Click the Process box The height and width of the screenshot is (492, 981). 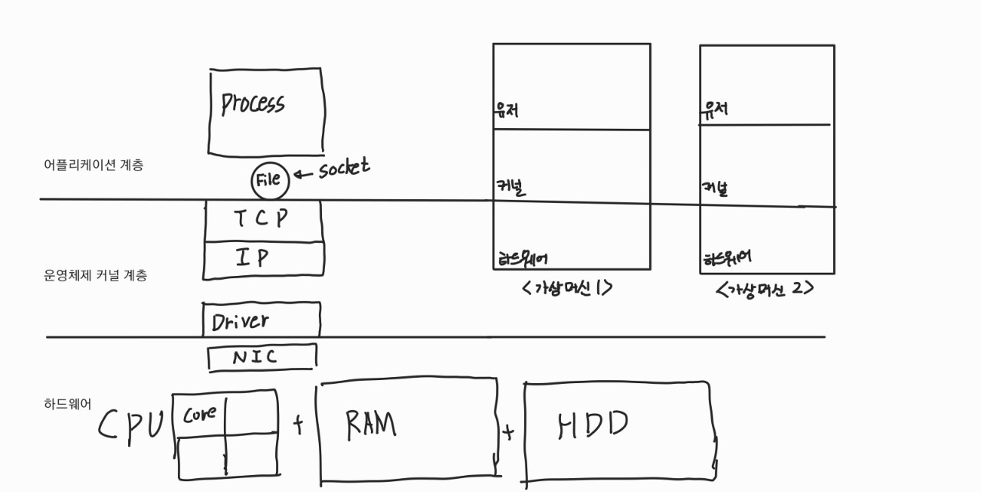[x=265, y=111]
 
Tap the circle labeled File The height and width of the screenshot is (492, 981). [x=271, y=182]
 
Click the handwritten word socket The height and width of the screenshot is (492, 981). [x=344, y=168]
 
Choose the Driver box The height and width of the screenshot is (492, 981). [x=261, y=320]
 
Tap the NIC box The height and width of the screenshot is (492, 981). [x=261, y=357]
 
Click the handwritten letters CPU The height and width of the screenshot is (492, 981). [x=131, y=425]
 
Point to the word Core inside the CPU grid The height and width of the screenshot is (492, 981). [x=198, y=414]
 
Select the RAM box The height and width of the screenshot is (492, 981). [x=407, y=428]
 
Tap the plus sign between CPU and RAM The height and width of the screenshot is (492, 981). [x=298, y=425]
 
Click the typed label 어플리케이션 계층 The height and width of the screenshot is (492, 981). [x=94, y=165]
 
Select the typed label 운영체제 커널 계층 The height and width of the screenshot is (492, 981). [x=95, y=276]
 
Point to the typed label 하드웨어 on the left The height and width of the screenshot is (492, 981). [x=68, y=403]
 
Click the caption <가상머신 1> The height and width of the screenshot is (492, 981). [x=567, y=288]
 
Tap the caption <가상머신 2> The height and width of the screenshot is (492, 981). [x=764, y=290]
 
